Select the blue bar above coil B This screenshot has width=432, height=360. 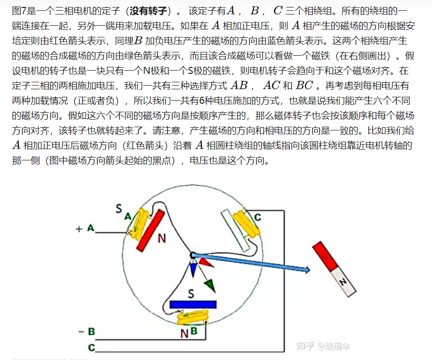pyautogui.click(x=193, y=304)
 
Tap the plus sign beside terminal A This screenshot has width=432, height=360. pyautogui.click(x=79, y=229)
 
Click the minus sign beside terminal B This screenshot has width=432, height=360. pyautogui.click(x=81, y=331)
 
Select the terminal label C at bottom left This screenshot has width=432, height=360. pyautogui.click(x=91, y=347)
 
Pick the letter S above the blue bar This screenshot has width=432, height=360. pyautogui.click(x=190, y=294)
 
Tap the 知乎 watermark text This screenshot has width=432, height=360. pyautogui.click(x=306, y=346)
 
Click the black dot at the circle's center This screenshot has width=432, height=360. pyautogui.click(x=192, y=254)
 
